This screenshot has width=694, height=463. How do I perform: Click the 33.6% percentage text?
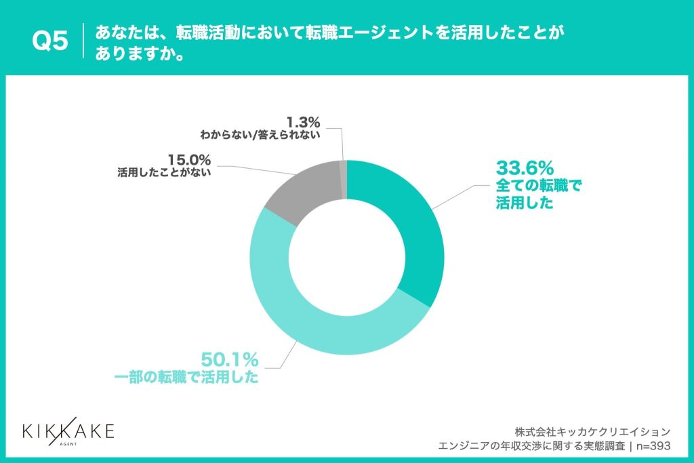(525, 167)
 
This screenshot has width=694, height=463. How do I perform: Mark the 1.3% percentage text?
(303, 122)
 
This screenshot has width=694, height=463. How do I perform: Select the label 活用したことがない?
(164, 173)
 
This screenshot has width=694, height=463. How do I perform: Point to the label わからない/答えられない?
(259, 134)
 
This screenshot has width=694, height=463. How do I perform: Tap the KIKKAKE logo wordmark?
(68, 430)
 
